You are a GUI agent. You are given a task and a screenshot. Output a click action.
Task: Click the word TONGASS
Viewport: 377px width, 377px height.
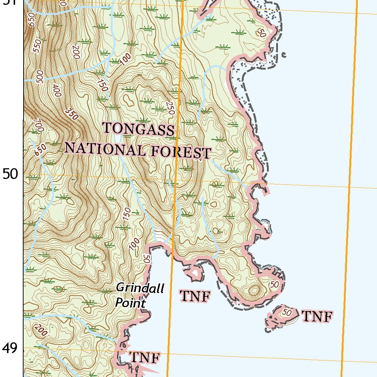(x=138, y=129)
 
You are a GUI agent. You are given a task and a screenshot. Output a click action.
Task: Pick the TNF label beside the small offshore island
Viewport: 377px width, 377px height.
(x=317, y=316)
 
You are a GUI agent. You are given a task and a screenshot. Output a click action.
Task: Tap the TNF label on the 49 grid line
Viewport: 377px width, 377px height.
(x=145, y=357)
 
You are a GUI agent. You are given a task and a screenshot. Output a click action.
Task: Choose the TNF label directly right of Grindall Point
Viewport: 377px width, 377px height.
(x=195, y=296)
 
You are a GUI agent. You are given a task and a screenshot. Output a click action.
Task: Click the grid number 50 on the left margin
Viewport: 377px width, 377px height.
(x=10, y=174)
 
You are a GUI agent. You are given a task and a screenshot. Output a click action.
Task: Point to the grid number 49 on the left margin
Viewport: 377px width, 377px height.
(x=10, y=348)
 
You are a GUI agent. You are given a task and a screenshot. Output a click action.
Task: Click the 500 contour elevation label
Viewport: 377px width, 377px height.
(x=39, y=77)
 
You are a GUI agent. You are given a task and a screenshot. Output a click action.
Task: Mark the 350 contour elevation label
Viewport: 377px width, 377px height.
(x=71, y=114)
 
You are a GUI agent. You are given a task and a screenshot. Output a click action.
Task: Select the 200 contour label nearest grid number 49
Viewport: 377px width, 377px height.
(x=42, y=331)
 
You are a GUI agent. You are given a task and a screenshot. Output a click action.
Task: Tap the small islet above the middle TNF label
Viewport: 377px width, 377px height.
(x=194, y=273)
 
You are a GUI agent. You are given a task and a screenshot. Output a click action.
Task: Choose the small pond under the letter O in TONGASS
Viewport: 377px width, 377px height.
(x=117, y=138)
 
